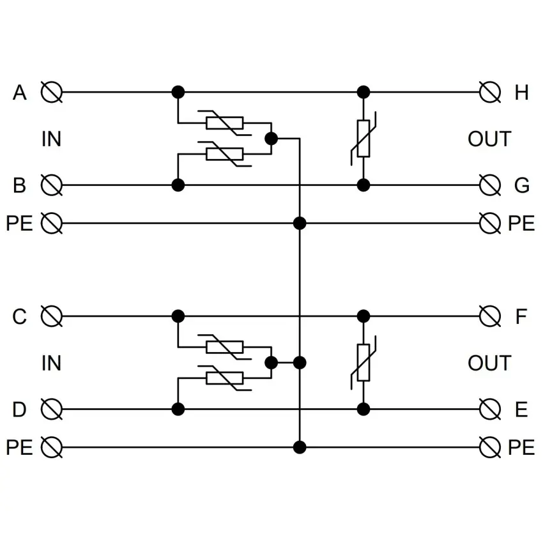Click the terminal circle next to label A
pyautogui.click(x=51, y=93)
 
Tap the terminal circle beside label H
pyautogui.click(x=490, y=93)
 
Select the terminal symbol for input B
pyautogui.click(x=51, y=185)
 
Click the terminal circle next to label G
pyautogui.click(x=490, y=185)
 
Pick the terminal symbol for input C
pyautogui.click(x=51, y=316)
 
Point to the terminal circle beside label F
pyautogui.click(x=490, y=316)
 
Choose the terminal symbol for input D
pyautogui.click(x=51, y=409)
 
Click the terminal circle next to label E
pyautogui.click(x=490, y=409)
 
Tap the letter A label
pyautogui.click(x=19, y=93)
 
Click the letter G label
pyautogui.click(x=521, y=185)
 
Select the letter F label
pyautogui.click(x=521, y=316)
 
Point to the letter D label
pyautogui.click(x=19, y=409)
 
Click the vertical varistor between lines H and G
pyautogui.click(x=363, y=139)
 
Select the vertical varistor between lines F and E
pyautogui.click(x=363, y=363)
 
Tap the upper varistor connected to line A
pyautogui.click(x=225, y=123)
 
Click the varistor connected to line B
pyautogui.click(x=225, y=154)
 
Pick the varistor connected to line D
pyautogui.click(x=225, y=378)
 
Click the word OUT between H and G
pyautogui.click(x=489, y=139)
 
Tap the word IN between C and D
pyautogui.click(x=51, y=363)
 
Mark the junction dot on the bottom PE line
pyautogui.click(x=300, y=447)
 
